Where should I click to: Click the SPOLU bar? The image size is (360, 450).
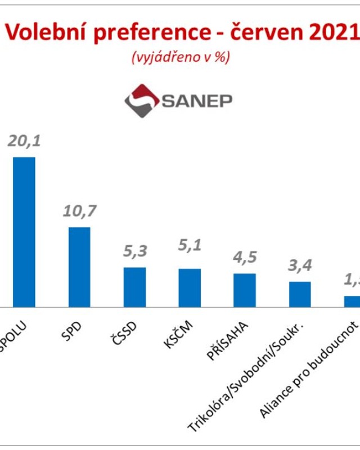[x=24, y=232]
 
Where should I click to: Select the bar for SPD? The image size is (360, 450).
[x=79, y=267]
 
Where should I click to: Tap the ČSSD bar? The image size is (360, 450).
[x=134, y=287]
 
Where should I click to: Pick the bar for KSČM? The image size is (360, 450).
[x=190, y=287]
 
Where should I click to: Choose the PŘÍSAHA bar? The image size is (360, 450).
[x=245, y=290]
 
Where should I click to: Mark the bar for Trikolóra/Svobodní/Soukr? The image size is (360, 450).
[x=300, y=294]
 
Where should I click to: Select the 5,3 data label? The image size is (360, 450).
[x=134, y=251]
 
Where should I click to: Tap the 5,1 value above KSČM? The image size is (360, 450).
[x=190, y=245]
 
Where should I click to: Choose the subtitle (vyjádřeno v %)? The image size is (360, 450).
[x=180, y=57]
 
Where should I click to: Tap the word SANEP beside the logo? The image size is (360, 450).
[x=197, y=101]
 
